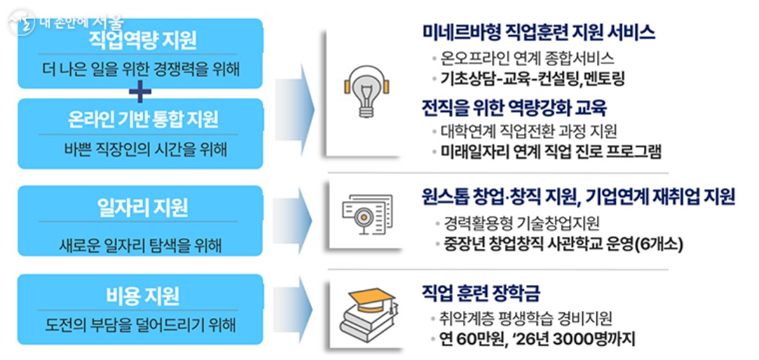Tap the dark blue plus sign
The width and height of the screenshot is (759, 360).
pos(140,90)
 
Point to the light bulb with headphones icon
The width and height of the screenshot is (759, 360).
pos(365,92)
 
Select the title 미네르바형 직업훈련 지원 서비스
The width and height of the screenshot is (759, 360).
pos(538,32)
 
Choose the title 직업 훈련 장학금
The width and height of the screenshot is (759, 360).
pos(481,292)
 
